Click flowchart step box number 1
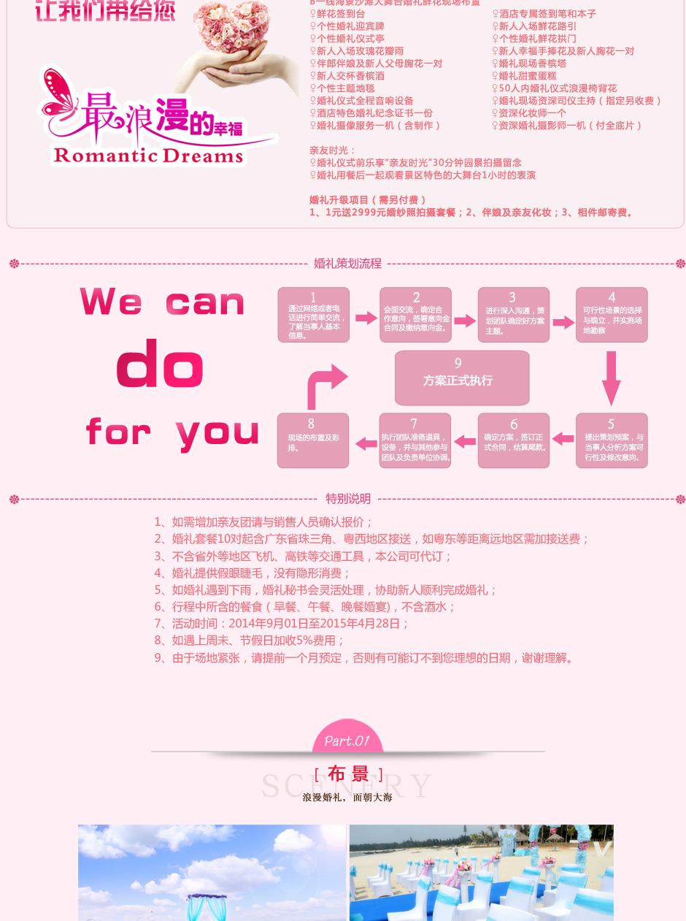[313, 315]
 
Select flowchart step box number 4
[612, 315]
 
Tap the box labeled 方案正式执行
[462, 378]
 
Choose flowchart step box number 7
[415, 441]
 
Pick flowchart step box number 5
[612, 441]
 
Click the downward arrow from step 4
[612, 378]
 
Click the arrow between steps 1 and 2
[366, 318]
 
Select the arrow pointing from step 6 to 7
[464, 441]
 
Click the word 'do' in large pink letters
[159, 364]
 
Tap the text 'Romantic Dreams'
[148, 156]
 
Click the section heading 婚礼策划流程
[347, 264]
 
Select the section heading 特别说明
[348, 499]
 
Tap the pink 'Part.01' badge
[347, 739]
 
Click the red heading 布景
[348, 774]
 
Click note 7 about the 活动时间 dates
[282, 624]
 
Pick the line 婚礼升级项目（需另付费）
[368, 199]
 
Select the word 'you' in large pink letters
[217, 432]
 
